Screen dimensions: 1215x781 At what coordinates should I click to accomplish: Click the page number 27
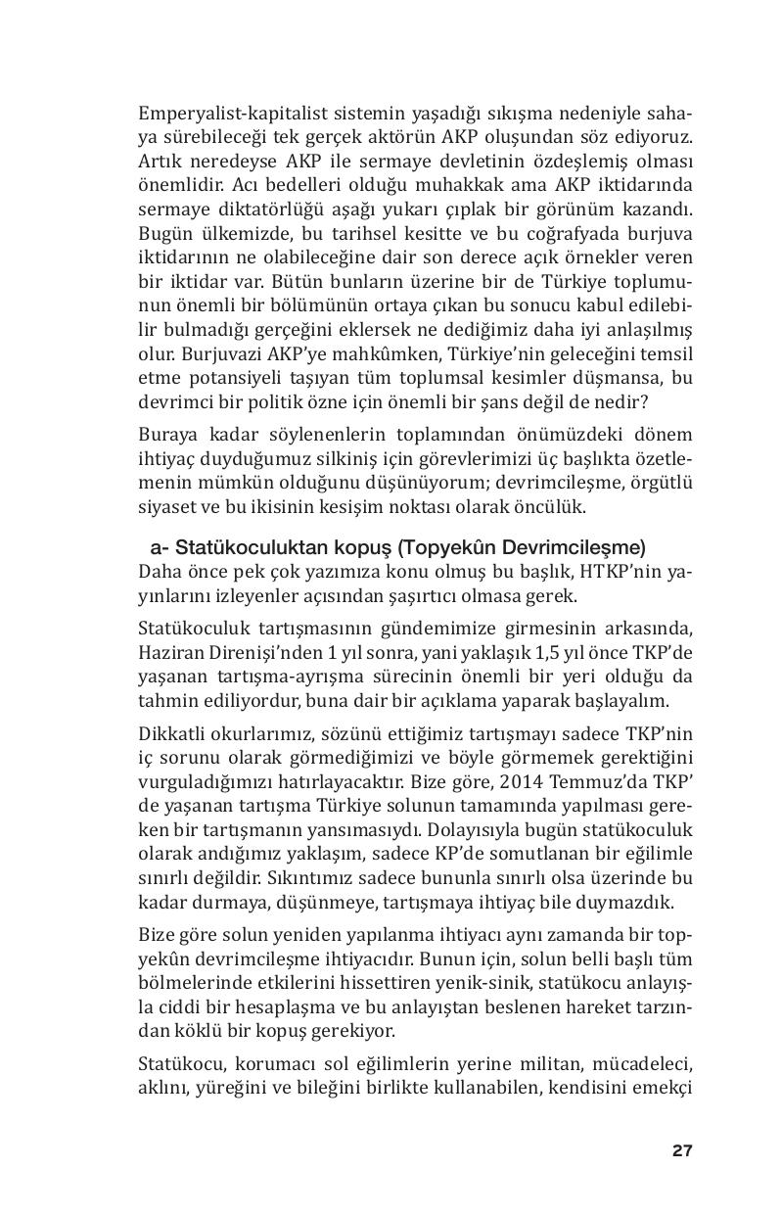point(682,1151)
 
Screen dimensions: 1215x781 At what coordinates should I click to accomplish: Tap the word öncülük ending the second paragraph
point(553,505)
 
